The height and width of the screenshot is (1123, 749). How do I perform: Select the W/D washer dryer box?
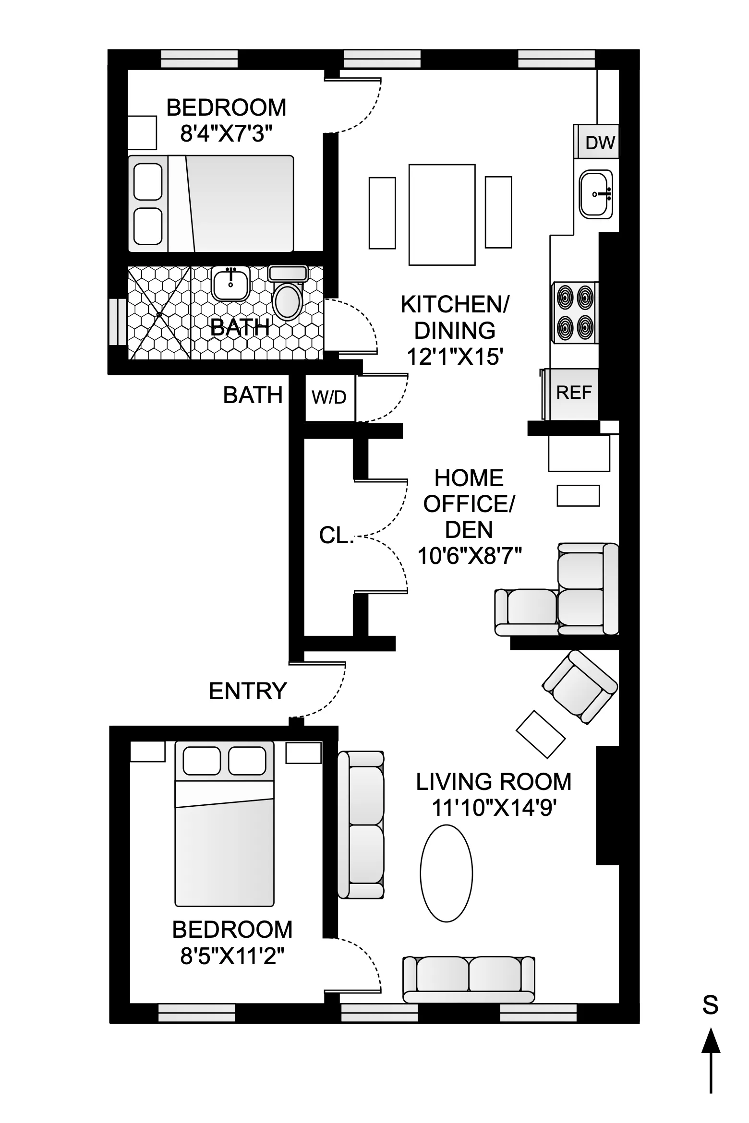coord(329,397)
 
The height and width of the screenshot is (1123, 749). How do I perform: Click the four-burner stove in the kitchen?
coord(575,312)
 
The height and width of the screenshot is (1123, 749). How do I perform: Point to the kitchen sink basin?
coord(596,194)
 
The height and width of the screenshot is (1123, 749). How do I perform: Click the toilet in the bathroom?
coord(287,300)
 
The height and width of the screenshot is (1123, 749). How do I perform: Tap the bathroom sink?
coord(230,284)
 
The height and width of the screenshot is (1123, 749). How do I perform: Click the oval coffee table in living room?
coord(446,873)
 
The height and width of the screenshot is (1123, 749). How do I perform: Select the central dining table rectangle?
coord(442,215)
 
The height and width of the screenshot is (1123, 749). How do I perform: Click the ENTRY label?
coord(248,692)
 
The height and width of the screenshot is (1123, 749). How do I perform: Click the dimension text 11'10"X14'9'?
coord(494,808)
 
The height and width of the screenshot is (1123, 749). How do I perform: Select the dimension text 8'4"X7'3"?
coord(226,134)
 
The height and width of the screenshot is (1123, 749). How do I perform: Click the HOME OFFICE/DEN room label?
coord(469,504)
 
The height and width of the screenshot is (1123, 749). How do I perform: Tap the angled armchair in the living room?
coord(580,687)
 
